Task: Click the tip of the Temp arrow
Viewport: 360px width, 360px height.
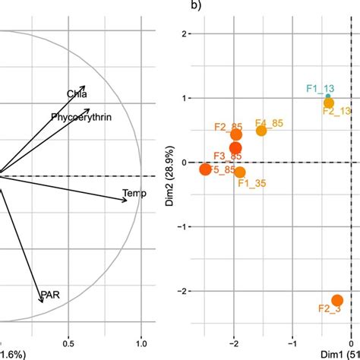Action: (126, 200)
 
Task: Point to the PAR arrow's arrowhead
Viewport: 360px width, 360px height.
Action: (41, 302)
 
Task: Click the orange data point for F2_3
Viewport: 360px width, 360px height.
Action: (337, 301)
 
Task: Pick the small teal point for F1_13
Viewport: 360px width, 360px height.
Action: (328, 96)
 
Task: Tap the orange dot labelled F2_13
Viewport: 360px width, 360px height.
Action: (328, 103)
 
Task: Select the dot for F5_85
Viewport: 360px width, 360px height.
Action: (205, 169)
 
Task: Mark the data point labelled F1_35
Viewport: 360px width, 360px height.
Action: (240, 172)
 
